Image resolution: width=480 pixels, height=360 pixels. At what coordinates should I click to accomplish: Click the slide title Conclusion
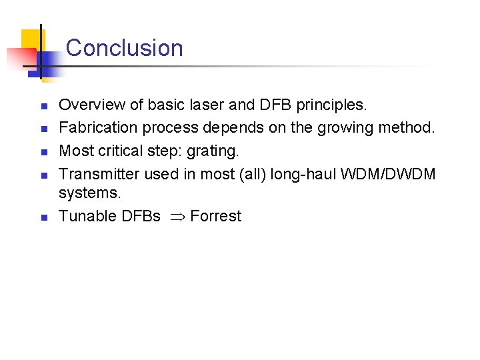[x=124, y=48]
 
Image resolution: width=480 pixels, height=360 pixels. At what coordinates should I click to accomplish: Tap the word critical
[x=124, y=151]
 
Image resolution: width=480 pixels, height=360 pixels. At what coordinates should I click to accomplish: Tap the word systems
[x=90, y=193]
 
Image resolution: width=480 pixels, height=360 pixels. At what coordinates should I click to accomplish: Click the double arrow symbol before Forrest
[x=175, y=217]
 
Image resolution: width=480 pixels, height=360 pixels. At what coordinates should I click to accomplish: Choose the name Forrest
[x=215, y=216]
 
